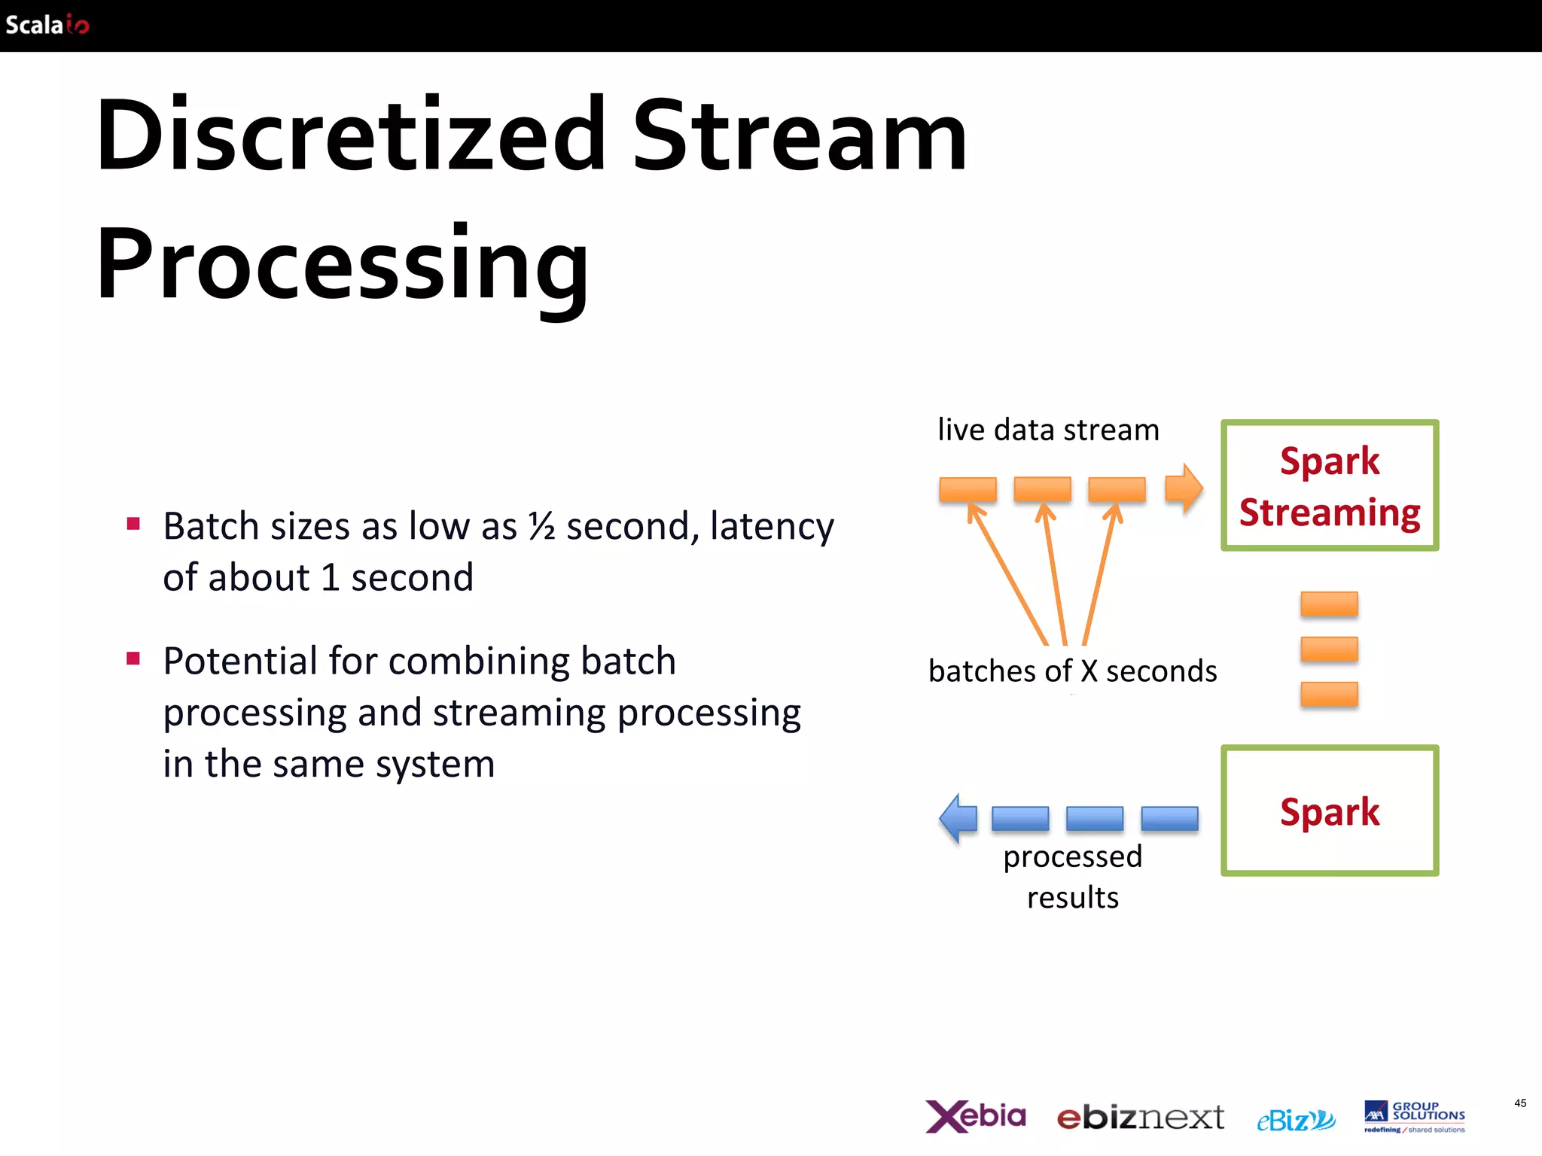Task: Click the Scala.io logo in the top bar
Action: pos(47,25)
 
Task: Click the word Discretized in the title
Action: pos(351,135)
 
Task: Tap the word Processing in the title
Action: pos(343,265)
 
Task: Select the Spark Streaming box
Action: pos(1329,485)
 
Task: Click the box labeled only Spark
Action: pos(1329,811)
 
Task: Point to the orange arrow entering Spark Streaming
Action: pos(1183,488)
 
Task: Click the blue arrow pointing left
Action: pos(958,818)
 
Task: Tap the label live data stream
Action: pos(1047,430)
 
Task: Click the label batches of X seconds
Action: pos(1072,671)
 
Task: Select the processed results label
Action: pos(1072,877)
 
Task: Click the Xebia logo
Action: pos(975,1116)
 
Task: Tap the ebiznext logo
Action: pos(1140,1118)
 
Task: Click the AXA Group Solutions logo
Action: pos(1414,1116)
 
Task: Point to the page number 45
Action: pos(1519,1103)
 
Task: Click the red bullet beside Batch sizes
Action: pos(134,524)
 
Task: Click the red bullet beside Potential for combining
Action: pos(134,659)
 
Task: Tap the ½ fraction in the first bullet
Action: pos(541,525)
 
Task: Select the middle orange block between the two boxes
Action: pos(1329,649)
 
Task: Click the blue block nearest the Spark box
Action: pos(1169,818)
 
